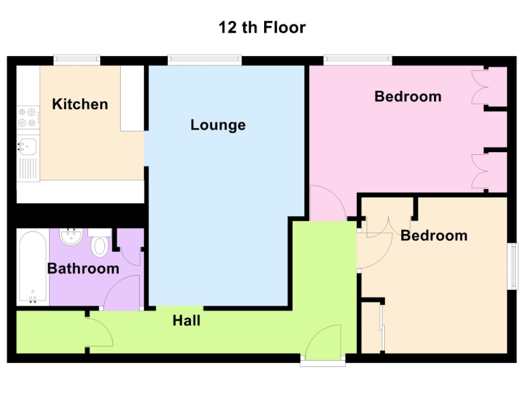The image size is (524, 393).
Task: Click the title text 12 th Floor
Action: pos(262,28)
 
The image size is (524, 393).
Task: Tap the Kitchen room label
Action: pos(80,104)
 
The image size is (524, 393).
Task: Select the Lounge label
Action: pos(218,125)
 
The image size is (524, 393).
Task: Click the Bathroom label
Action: pos(83,268)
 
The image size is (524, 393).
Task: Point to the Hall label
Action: pos(186,320)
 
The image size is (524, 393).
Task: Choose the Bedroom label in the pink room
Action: pos(407,96)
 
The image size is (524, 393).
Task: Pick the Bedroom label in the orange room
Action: pos(433,235)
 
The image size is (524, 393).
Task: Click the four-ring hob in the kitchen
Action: pos(27,117)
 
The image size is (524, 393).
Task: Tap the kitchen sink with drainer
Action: pos(27,157)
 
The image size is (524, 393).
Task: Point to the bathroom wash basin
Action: pos(70,237)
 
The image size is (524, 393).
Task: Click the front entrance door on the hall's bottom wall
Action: pos(322,343)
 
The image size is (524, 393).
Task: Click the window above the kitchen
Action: pos(76,60)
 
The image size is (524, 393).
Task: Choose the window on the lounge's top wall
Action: pos(205,60)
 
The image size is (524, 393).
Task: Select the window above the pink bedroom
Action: pos(358,60)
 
